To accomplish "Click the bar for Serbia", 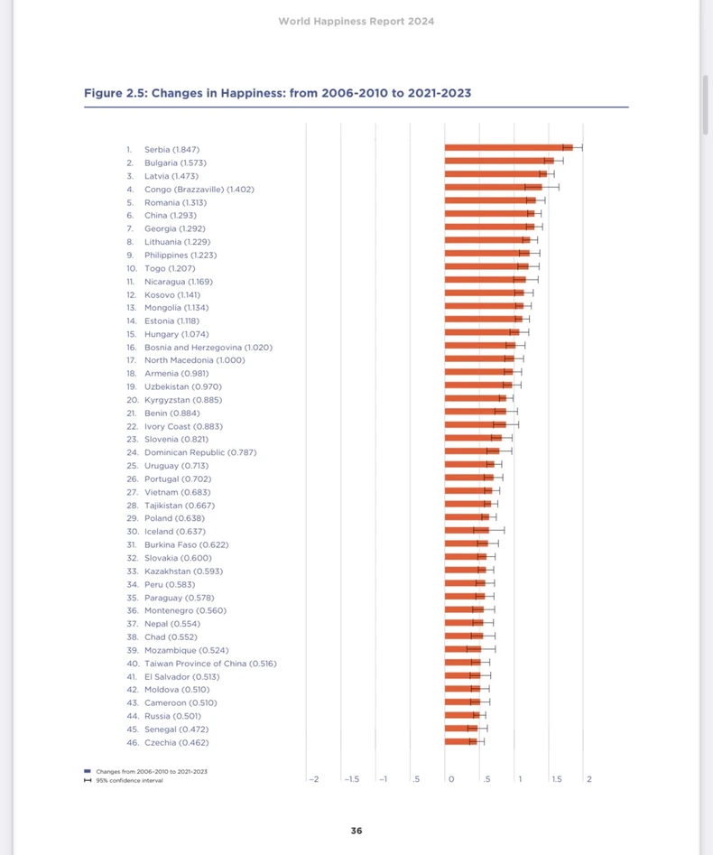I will click(508, 147).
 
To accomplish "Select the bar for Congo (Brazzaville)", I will click(493, 187).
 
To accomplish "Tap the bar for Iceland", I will click(467, 530).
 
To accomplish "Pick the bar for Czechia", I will click(460, 741).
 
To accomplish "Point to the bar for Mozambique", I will click(463, 649).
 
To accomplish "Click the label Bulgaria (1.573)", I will click(175, 163).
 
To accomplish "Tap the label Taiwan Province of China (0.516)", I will click(210, 664).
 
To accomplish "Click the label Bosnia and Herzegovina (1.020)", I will click(208, 347).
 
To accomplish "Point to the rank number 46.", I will click(132, 742).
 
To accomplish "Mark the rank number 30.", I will click(132, 532).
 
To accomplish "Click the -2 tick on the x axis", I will click(314, 778).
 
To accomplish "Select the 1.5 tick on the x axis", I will click(557, 778).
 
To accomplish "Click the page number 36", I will click(356, 831).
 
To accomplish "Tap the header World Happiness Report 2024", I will click(356, 21).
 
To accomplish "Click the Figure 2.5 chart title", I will click(277, 93).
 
